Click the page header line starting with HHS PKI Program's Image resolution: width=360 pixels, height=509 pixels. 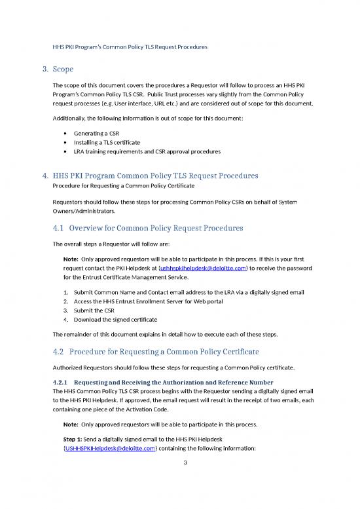click(130, 47)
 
